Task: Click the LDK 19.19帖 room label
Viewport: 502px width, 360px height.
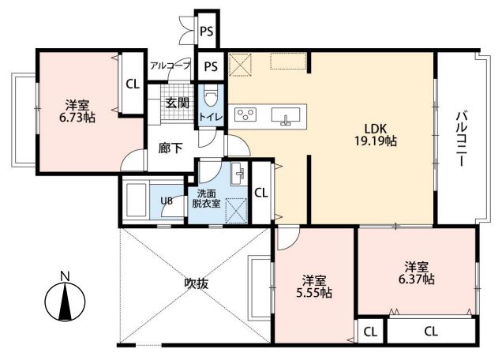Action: click(x=376, y=135)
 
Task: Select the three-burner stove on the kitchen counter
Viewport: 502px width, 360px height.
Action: click(x=245, y=114)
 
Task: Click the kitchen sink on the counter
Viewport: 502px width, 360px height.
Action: click(x=286, y=115)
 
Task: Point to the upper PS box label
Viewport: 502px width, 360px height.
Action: click(x=207, y=32)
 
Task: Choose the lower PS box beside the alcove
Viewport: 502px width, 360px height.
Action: click(x=211, y=66)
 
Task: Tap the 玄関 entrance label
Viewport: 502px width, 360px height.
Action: click(x=178, y=103)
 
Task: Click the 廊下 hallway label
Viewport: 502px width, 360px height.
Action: click(x=170, y=148)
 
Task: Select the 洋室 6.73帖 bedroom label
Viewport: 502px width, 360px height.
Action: click(x=77, y=111)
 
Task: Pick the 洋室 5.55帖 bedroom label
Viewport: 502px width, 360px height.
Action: click(x=314, y=287)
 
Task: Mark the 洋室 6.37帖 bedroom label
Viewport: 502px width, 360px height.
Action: click(x=416, y=273)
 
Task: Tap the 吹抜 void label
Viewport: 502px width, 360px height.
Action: click(x=197, y=283)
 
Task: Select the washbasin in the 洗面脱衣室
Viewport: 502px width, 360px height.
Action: click(x=238, y=173)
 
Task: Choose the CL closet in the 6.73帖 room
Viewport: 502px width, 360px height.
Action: click(x=133, y=84)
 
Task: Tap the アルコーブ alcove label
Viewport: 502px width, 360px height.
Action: click(x=170, y=66)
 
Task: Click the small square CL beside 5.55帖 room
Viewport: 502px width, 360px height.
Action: click(x=370, y=331)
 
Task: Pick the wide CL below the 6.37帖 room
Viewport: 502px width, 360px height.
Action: click(x=431, y=331)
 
